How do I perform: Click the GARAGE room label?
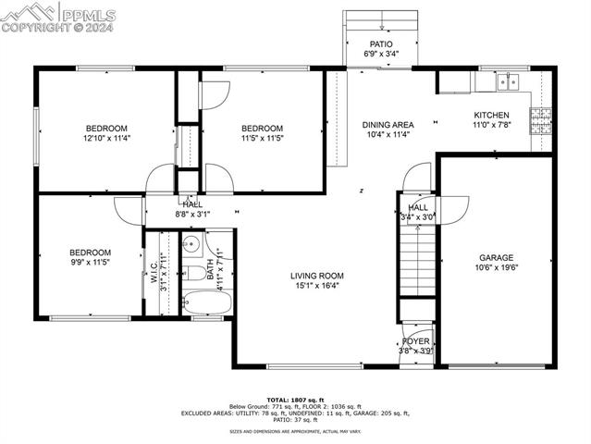(x=496, y=257)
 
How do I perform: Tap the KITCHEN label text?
(x=491, y=115)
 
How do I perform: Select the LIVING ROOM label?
(x=316, y=275)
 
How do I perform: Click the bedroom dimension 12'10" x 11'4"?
(x=106, y=139)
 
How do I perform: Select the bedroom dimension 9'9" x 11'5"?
(x=90, y=263)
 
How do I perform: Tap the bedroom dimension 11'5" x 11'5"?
(x=262, y=139)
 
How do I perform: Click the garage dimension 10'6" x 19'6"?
(x=496, y=268)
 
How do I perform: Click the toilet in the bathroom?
(x=195, y=272)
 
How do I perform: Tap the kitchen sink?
(x=507, y=82)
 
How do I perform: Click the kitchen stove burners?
(x=539, y=117)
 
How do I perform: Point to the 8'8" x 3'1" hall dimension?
(x=192, y=214)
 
